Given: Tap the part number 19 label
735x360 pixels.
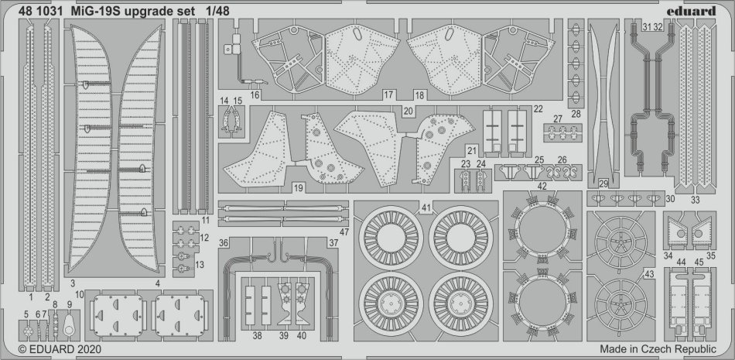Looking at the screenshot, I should tap(299, 188).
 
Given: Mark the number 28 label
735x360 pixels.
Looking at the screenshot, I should tap(575, 114).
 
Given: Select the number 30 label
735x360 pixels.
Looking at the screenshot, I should tap(670, 198).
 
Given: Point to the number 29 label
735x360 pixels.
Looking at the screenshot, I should tap(603, 183).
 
